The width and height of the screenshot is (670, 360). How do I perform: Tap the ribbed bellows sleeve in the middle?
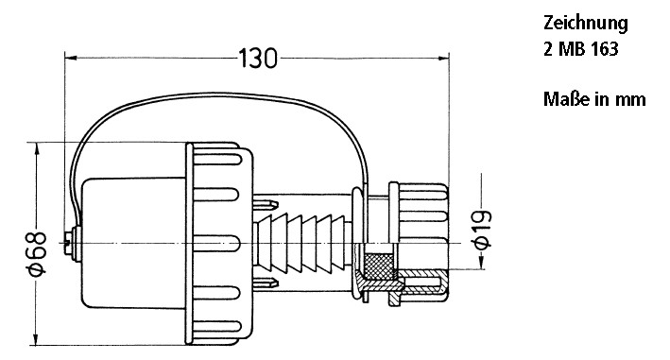coord(303,245)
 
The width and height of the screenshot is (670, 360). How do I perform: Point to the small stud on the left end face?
coord(66,244)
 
